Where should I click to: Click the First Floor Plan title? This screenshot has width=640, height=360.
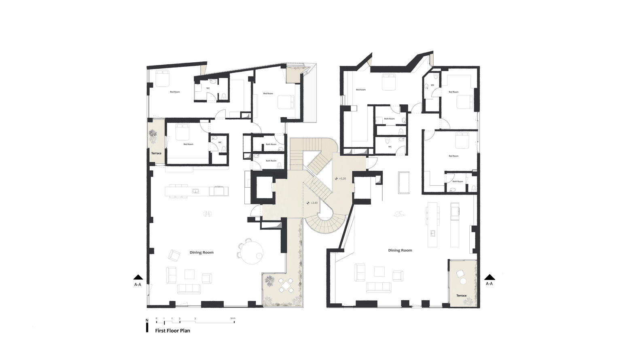point(172,330)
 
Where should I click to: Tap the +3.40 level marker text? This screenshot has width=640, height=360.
point(314,203)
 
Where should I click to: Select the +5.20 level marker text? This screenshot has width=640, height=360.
point(343,178)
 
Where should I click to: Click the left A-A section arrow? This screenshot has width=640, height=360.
point(138,277)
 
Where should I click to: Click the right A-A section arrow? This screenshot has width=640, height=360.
point(490,277)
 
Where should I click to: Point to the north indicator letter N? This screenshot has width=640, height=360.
point(147,320)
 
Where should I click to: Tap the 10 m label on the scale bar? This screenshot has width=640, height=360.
point(233,318)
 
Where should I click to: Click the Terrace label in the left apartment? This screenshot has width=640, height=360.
point(156,153)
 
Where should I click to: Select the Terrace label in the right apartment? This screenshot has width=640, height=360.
point(462,296)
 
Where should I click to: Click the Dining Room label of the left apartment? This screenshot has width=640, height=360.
point(201,252)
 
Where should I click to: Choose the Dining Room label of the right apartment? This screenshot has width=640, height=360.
point(400,250)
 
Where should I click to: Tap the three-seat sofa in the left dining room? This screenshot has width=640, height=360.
point(189,288)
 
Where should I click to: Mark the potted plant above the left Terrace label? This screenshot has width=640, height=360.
point(153,136)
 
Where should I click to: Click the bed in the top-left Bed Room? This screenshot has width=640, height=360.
point(163,78)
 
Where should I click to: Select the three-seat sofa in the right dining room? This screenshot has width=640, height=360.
point(379,287)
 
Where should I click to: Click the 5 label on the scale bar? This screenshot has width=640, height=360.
point(195,318)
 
